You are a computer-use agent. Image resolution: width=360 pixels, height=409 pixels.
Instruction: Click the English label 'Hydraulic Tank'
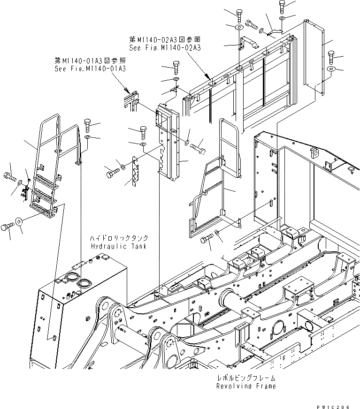119,246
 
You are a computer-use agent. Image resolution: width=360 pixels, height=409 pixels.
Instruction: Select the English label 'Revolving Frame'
246,386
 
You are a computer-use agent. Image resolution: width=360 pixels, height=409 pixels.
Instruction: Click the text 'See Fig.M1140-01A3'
90,68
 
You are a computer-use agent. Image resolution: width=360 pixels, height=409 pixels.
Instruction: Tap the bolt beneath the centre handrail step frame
206,240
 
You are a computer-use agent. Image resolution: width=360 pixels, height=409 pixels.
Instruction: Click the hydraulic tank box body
80,310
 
